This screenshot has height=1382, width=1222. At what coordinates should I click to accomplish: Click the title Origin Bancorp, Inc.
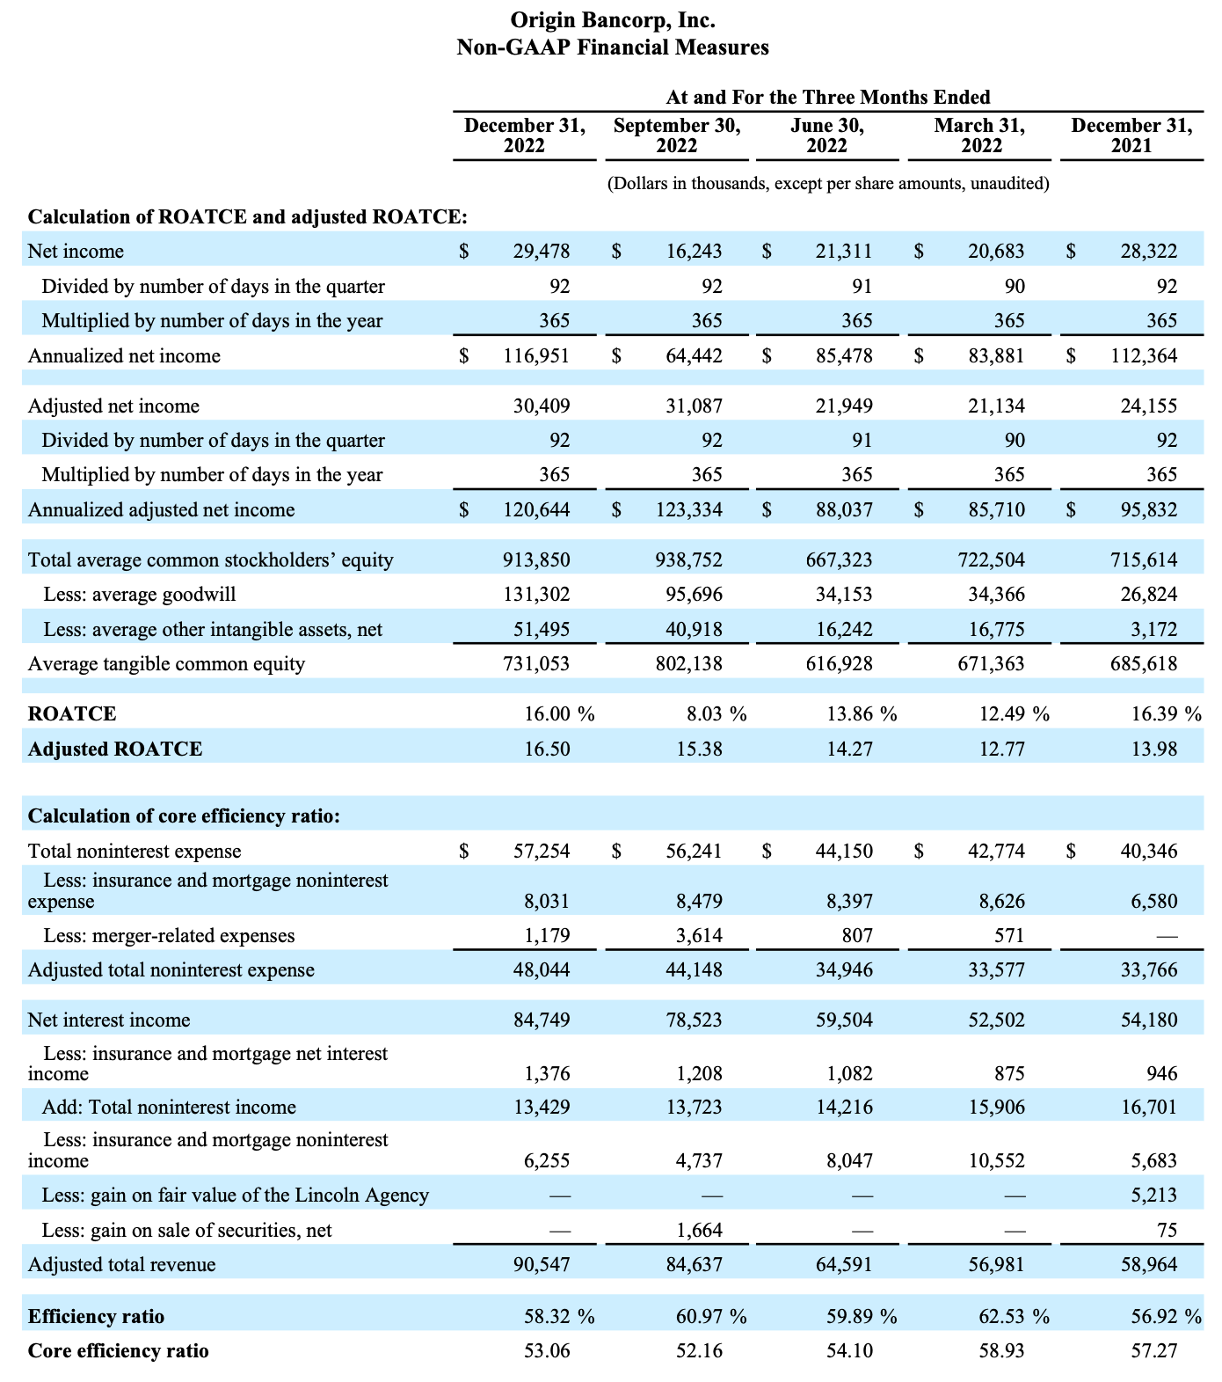(x=613, y=19)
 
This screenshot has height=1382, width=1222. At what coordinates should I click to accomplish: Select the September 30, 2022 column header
(x=677, y=135)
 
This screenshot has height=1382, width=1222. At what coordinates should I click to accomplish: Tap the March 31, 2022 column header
(x=979, y=135)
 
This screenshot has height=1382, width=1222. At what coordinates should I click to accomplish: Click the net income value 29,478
(x=542, y=252)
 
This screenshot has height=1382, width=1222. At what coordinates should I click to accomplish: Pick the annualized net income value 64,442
(x=694, y=356)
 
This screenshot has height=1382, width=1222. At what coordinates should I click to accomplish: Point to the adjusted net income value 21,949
(x=844, y=406)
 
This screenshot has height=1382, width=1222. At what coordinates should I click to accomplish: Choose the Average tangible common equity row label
(x=166, y=664)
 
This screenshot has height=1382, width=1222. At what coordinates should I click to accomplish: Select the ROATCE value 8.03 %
(x=716, y=714)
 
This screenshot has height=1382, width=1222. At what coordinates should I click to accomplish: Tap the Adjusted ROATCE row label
(x=115, y=749)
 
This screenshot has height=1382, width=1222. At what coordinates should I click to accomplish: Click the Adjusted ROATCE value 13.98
(x=1154, y=749)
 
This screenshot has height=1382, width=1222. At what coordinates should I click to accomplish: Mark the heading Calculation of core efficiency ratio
(x=184, y=816)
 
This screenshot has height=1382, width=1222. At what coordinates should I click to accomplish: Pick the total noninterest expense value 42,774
(x=996, y=852)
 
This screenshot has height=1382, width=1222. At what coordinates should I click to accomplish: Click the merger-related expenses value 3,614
(x=699, y=936)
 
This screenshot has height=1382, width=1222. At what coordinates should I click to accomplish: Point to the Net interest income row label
(x=109, y=1020)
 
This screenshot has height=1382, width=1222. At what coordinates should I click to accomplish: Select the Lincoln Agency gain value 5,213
(x=1154, y=1196)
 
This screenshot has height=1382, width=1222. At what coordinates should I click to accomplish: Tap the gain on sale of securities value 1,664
(x=699, y=1231)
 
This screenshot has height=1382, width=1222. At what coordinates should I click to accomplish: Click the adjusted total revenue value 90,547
(x=542, y=1265)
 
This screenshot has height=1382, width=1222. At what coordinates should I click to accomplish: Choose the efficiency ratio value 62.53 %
(x=1015, y=1317)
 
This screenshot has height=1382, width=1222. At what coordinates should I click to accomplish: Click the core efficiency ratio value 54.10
(x=850, y=1351)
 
